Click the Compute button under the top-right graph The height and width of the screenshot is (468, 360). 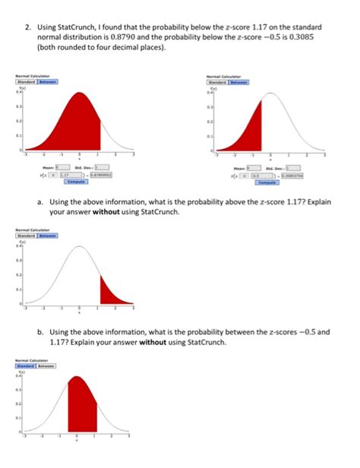267,182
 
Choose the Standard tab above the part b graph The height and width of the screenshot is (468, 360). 27,365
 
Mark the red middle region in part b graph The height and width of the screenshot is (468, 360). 81,410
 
